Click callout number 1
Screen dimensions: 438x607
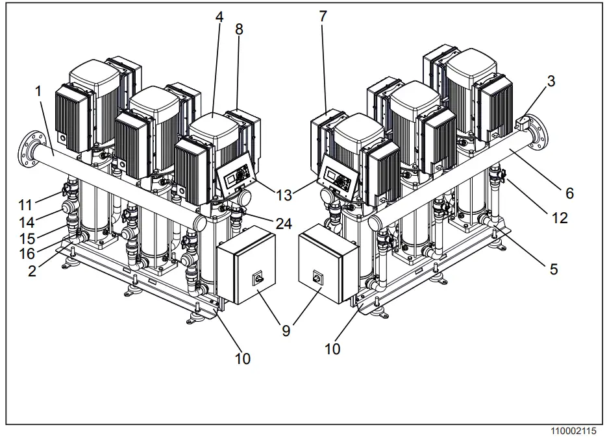[x=38, y=91]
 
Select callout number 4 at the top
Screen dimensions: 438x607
[x=219, y=18]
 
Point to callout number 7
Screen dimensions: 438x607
[x=323, y=18]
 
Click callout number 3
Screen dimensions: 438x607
[x=551, y=81]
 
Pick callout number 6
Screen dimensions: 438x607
[x=569, y=193]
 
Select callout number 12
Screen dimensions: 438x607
[x=559, y=218]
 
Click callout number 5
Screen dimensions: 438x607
[x=554, y=268]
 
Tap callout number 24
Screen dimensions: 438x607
[x=282, y=225]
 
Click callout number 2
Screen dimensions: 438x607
[x=32, y=272]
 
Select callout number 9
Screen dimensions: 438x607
[x=286, y=330]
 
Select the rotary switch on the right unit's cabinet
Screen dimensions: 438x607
[x=318, y=276]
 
